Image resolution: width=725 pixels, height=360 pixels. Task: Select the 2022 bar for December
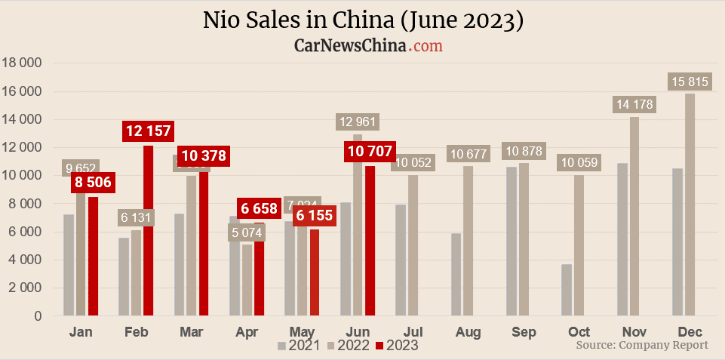(x=690, y=204)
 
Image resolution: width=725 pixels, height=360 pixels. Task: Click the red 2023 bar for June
(x=370, y=241)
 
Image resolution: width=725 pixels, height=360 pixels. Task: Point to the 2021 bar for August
(x=456, y=275)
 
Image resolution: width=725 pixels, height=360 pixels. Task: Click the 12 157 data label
(x=149, y=131)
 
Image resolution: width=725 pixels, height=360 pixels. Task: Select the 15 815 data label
(x=689, y=82)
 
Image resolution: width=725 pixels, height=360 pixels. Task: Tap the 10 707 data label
(x=370, y=151)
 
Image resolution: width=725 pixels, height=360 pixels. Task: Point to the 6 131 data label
(x=137, y=217)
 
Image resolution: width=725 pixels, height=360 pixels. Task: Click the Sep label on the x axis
(x=524, y=332)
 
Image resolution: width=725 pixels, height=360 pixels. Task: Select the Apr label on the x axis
(x=247, y=332)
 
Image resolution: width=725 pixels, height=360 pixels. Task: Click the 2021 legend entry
(x=299, y=346)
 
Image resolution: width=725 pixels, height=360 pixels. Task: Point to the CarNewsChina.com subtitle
(x=367, y=46)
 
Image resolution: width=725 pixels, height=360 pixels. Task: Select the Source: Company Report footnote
(x=642, y=345)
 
